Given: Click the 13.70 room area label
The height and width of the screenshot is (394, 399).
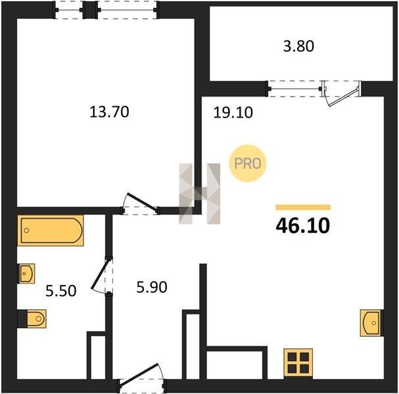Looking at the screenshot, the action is (109, 112).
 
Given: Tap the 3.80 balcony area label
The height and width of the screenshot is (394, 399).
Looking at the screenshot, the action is (298, 47).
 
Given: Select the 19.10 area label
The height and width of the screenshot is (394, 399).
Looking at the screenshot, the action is (233, 112).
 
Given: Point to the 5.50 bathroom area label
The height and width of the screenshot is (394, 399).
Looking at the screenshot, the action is (61, 291).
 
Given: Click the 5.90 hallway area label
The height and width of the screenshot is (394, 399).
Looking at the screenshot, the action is (152, 288).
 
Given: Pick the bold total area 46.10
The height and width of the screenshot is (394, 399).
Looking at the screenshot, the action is (303, 226).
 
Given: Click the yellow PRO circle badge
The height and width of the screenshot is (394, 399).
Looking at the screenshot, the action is (248, 164).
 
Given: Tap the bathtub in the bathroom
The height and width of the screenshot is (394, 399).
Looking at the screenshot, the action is (51, 230).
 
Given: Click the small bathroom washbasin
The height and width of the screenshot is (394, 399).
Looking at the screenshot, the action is (26, 274).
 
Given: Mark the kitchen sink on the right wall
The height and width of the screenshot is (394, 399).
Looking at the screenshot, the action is (371, 323).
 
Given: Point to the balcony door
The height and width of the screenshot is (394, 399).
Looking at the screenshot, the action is (342, 93).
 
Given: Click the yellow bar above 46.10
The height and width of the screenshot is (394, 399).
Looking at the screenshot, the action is (303, 208).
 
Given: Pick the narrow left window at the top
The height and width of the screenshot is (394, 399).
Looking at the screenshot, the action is (69, 10).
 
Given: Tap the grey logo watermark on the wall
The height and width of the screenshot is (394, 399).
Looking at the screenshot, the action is (200, 194).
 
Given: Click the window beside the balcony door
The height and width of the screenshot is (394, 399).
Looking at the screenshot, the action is (294, 89).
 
